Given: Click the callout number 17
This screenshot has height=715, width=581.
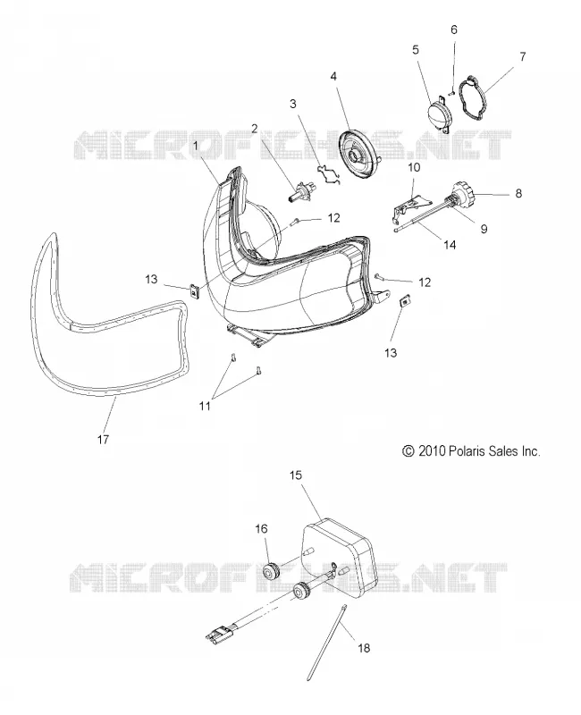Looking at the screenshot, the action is pos(103,439).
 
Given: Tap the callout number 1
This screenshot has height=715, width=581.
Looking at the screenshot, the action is pos(195,146).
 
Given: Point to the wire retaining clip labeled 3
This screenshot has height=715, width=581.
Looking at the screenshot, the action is pos(329,174).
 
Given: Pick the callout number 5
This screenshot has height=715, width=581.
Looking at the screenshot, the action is pos(416,49).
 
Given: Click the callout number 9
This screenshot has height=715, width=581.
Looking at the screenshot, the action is pos(484,228).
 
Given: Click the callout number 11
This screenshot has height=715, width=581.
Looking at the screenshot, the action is pos(205,405).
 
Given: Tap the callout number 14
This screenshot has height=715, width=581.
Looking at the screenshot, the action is pos(450,245).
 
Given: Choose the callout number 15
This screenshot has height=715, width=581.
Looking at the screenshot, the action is pos(296,475).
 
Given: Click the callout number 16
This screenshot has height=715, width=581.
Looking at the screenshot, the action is pos(261,529).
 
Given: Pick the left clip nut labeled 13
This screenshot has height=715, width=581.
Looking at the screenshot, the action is pos(195,291).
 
